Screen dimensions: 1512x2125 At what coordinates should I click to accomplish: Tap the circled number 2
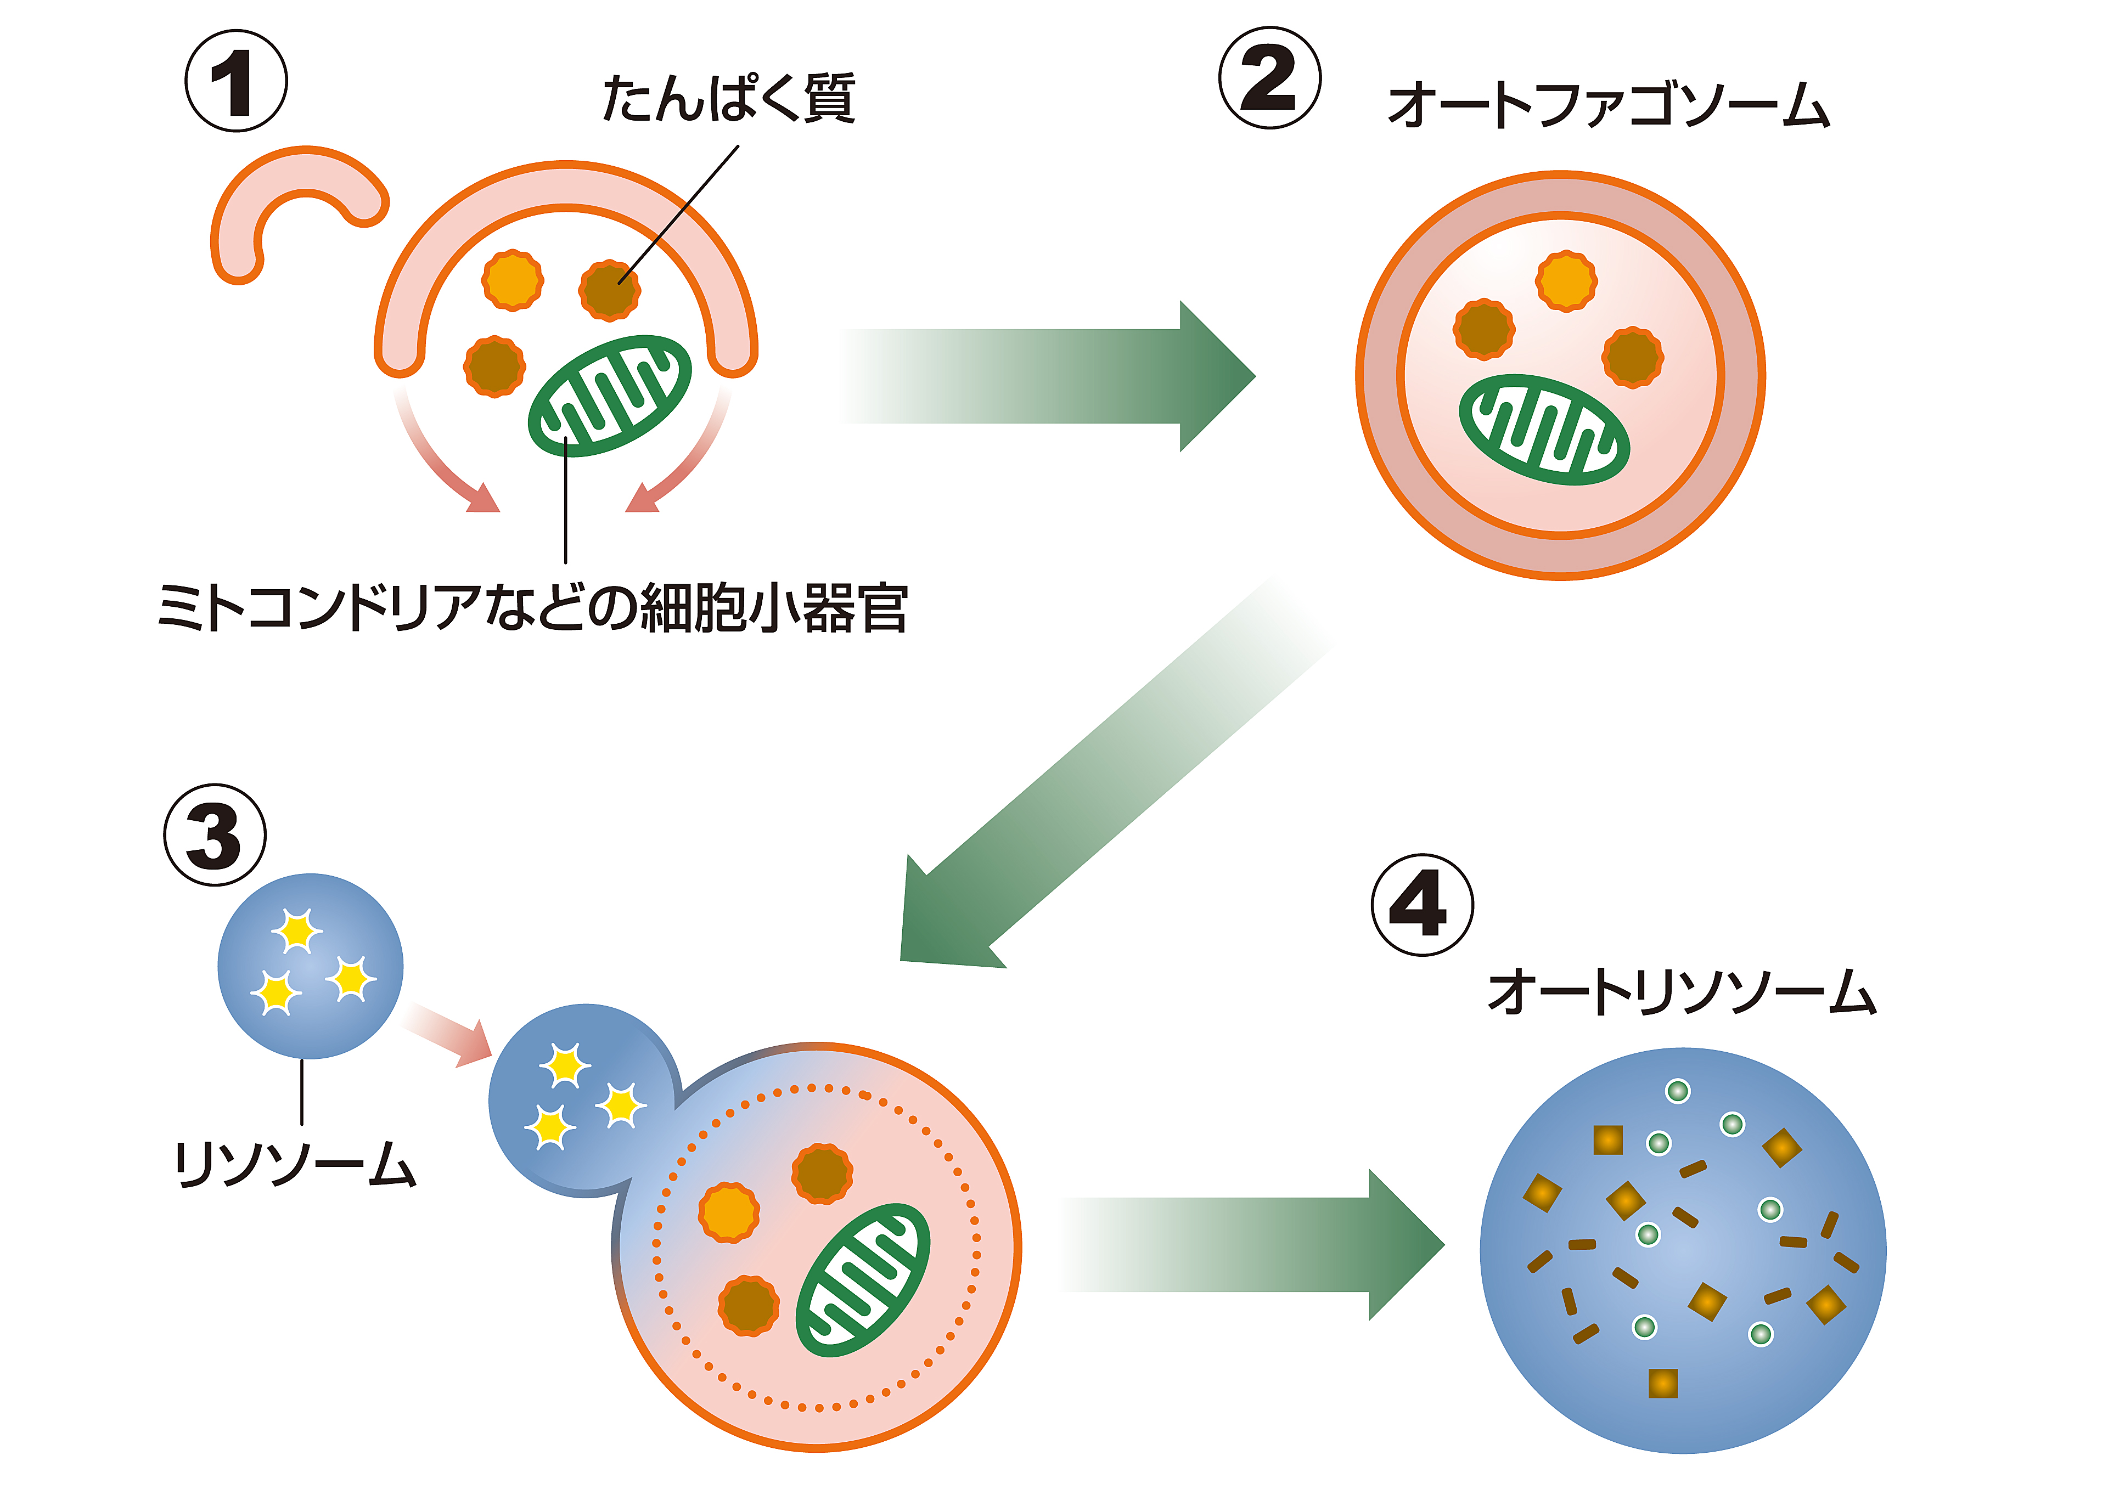[x=1269, y=78]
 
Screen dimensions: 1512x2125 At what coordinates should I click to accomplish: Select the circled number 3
[x=215, y=834]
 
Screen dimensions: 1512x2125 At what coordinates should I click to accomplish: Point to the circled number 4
[x=1422, y=905]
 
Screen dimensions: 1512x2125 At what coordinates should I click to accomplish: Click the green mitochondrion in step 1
[x=610, y=396]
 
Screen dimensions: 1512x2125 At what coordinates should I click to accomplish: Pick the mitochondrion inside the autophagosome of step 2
[x=1544, y=429]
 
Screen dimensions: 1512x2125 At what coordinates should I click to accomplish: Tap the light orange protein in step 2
[x=1566, y=280]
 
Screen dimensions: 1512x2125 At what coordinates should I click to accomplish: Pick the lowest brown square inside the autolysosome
[x=1662, y=1384]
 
